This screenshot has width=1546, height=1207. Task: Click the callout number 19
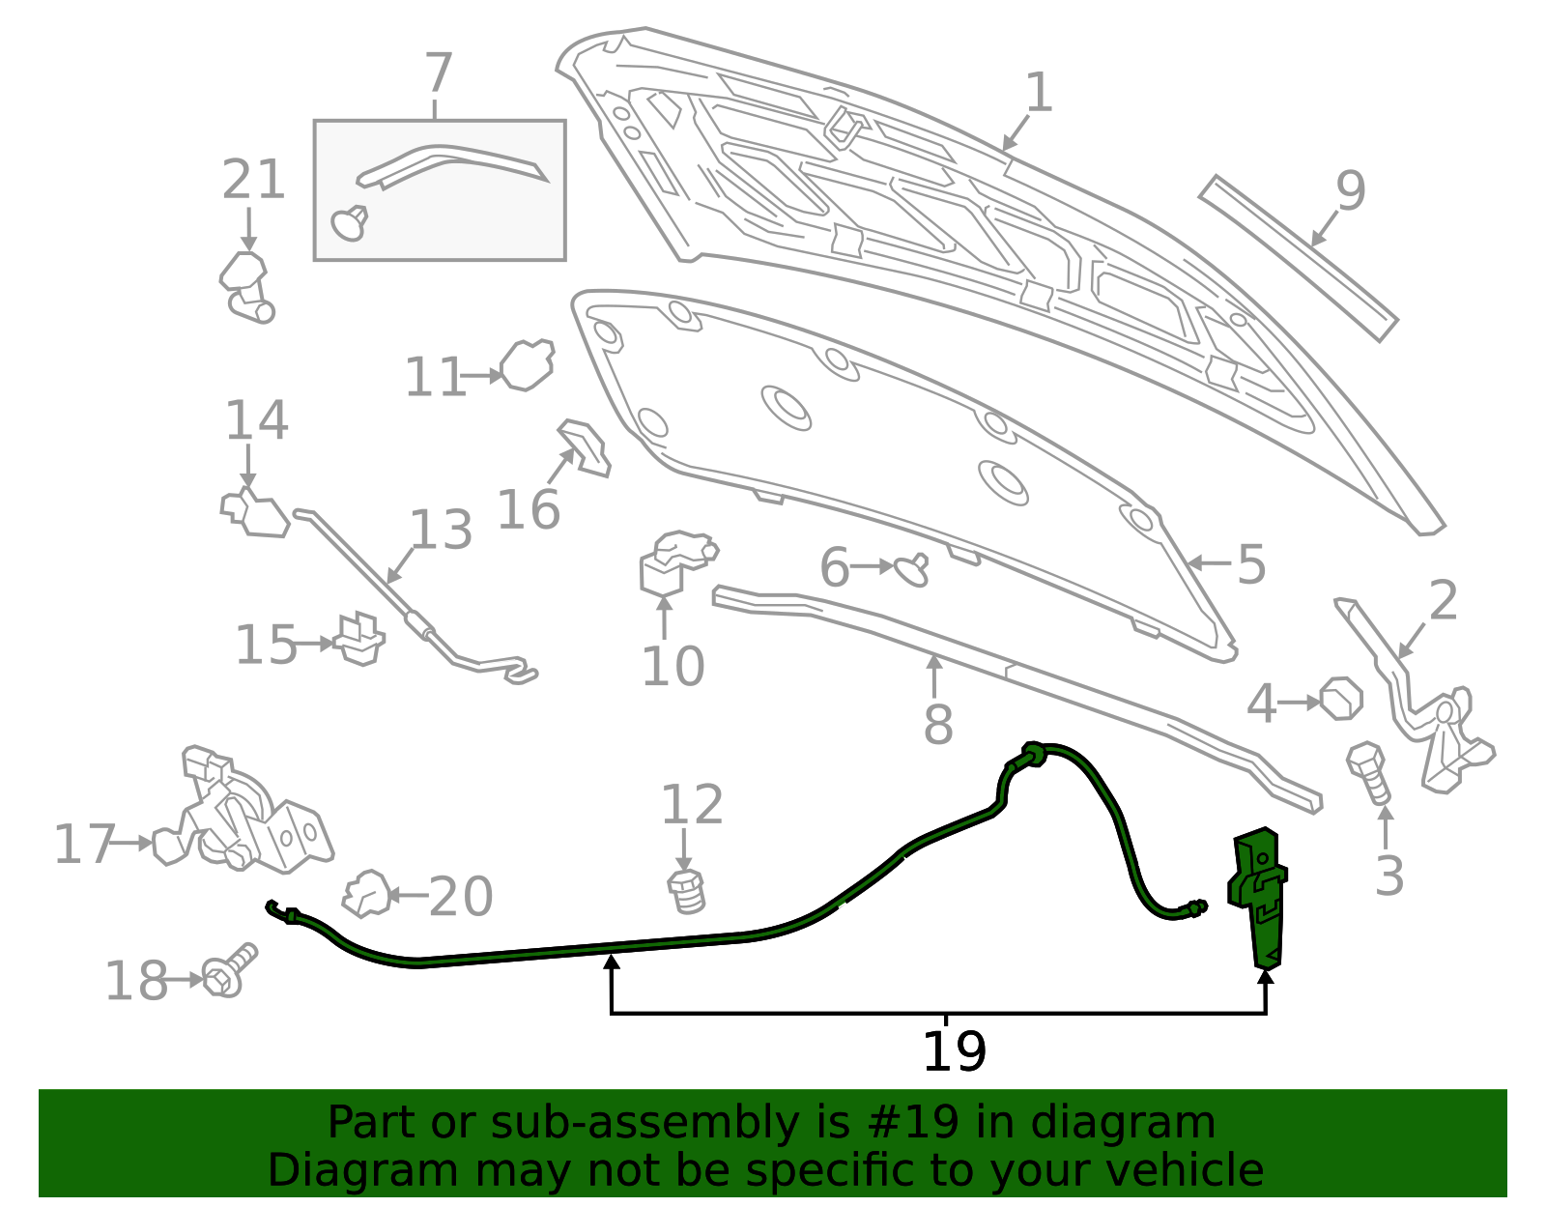954,1051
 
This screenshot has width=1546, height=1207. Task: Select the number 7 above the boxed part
437,73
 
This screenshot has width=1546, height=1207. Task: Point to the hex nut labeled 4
1341,699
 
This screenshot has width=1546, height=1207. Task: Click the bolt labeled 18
229,971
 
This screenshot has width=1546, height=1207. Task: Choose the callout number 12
692,805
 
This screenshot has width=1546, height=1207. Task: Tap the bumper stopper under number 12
687,892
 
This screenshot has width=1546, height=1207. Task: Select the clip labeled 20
367,894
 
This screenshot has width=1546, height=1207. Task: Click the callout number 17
84,845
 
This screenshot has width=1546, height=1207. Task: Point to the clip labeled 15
360,639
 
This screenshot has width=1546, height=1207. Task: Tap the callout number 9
1350,190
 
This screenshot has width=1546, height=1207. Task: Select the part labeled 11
528,365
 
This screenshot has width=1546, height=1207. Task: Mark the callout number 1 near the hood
1039,93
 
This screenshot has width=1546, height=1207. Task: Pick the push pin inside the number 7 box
350,222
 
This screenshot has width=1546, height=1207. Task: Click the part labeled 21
246,287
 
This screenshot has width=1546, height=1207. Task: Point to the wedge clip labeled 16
585,447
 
